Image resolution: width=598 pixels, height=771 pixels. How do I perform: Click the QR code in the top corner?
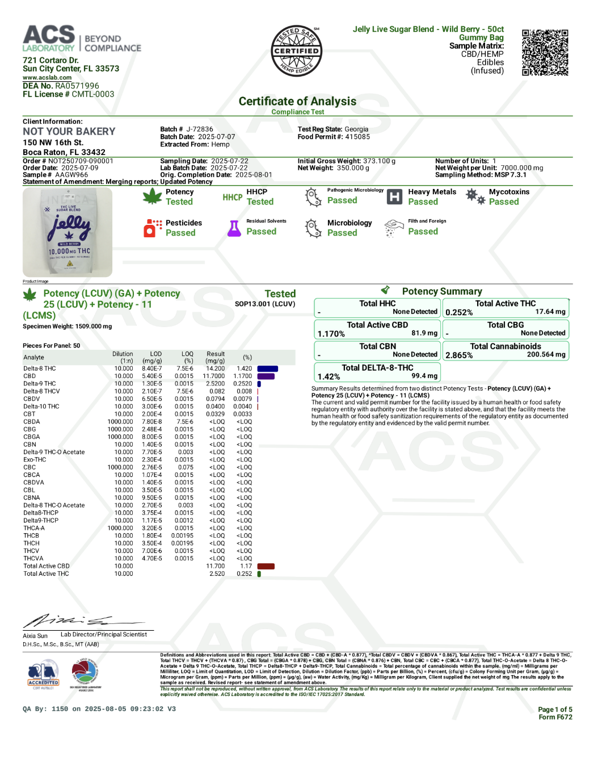(545, 53)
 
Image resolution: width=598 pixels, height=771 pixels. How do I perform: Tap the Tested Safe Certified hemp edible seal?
(296, 51)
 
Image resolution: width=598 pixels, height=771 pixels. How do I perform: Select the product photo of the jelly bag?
(68, 232)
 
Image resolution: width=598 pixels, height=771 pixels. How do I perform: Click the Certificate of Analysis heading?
(297, 102)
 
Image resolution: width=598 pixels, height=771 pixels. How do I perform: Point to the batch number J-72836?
(200, 129)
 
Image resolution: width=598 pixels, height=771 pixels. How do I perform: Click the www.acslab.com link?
(47, 78)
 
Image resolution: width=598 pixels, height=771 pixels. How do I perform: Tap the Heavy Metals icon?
(394, 197)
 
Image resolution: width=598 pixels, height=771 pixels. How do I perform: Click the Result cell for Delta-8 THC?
(216, 368)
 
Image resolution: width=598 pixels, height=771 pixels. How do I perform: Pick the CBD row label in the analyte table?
(30, 376)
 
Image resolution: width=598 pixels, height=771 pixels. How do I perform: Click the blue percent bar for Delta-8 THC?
(267, 368)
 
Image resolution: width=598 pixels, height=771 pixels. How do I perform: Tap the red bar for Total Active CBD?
(266, 566)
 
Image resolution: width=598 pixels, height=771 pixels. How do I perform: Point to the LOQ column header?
(187, 357)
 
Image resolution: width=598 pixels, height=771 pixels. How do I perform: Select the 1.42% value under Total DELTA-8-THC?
(329, 376)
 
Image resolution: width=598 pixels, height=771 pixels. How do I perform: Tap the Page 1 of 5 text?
(555, 709)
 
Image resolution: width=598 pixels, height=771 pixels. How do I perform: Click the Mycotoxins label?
(509, 192)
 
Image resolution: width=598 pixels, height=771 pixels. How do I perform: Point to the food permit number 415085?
(357, 137)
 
